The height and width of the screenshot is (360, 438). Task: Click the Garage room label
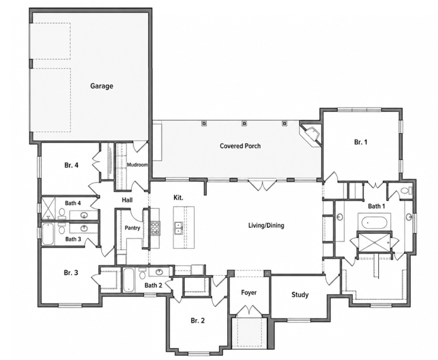click(102, 86)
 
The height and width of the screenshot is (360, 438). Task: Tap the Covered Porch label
click(240, 146)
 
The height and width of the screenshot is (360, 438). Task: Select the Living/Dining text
click(266, 225)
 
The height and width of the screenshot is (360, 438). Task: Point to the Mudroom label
click(137, 165)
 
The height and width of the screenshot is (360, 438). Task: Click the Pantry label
click(132, 228)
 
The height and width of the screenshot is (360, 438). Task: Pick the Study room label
click(300, 294)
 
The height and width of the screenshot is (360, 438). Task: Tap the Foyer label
click(249, 293)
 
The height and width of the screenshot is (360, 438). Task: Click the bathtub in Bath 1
click(374, 223)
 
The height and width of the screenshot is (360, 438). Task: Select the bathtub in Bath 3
click(47, 234)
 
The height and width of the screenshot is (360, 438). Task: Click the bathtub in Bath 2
click(129, 280)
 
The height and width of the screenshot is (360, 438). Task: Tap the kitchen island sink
click(178, 228)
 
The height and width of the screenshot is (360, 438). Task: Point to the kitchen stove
click(155, 228)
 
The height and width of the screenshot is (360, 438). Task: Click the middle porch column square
click(244, 123)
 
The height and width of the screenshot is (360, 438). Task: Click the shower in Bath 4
click(48, 208)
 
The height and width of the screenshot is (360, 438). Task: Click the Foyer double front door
click(249, 310)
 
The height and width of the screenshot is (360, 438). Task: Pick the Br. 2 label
click(198, 320)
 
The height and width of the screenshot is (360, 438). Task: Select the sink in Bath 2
click(159, 272)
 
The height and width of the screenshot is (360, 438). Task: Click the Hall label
click(127, 200)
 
